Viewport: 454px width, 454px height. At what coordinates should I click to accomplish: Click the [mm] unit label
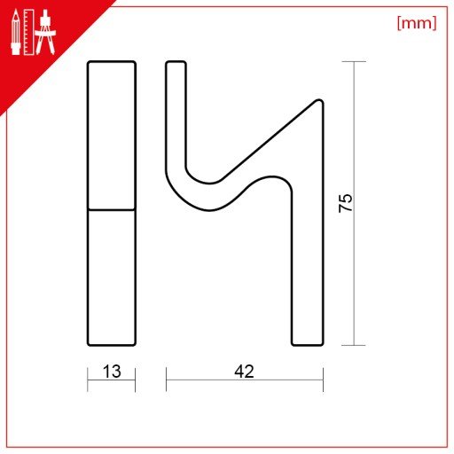[417, 23]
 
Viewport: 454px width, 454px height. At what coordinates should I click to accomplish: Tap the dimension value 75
[346, 203]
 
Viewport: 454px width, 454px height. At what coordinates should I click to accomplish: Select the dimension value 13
[112, 372]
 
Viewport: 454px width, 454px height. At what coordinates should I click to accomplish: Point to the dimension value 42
[244, 372]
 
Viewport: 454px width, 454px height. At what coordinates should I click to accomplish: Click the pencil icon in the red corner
[16, 33]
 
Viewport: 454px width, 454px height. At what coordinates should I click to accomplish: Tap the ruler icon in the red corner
[28, 32]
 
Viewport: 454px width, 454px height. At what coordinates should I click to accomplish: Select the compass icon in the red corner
[45, 32]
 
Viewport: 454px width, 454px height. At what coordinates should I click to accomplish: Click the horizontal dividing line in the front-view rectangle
[112, 210]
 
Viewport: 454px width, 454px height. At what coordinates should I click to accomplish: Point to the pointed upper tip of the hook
[319, 101]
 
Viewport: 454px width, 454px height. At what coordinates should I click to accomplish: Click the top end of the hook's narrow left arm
[176, 62]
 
